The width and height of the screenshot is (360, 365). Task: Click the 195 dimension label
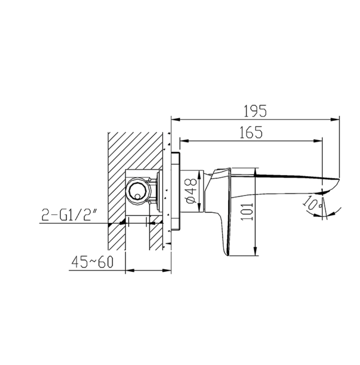[x=255, y=111]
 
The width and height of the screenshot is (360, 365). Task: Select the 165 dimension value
[x=251, y=133]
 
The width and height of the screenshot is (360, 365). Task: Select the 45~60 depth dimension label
[x=92, y=262]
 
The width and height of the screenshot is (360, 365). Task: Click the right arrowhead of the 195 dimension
[x=335, y=119]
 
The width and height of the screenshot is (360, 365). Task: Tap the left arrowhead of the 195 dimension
[x=175, y=119]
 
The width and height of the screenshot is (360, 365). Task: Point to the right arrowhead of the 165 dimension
[x=318, y=141]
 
